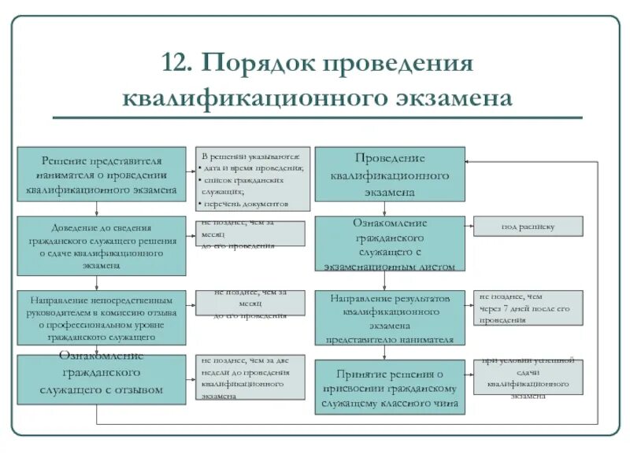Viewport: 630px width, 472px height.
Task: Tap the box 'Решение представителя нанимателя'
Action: coord(102,173)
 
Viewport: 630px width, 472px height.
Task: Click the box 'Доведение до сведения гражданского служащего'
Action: coord(102,245)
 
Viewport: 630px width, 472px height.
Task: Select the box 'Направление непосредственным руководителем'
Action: coord(102,318)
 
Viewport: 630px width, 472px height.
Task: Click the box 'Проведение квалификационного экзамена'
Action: coord(390,174)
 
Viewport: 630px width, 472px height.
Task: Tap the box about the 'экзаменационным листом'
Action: coord(390,244)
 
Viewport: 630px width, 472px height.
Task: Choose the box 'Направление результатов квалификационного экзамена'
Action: coord(390,318)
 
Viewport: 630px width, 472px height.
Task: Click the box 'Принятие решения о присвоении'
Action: coord(390,387)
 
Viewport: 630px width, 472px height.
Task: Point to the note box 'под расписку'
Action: coord(528,227)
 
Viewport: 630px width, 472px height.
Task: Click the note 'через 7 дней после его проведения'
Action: coord(528,308)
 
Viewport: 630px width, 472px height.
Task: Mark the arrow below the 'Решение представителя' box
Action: coord(96,208)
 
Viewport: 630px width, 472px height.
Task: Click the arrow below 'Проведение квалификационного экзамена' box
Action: coord(384,208)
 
